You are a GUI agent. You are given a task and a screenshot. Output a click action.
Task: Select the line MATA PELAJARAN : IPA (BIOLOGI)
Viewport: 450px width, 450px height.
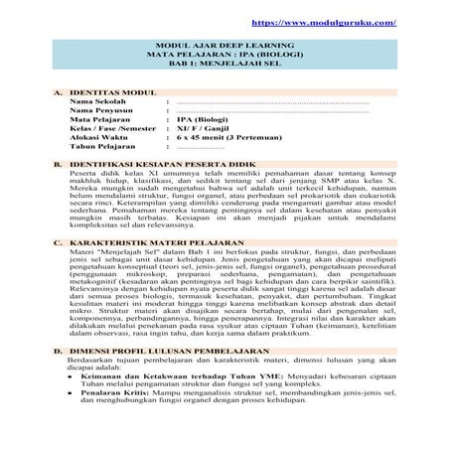point(225,70)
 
